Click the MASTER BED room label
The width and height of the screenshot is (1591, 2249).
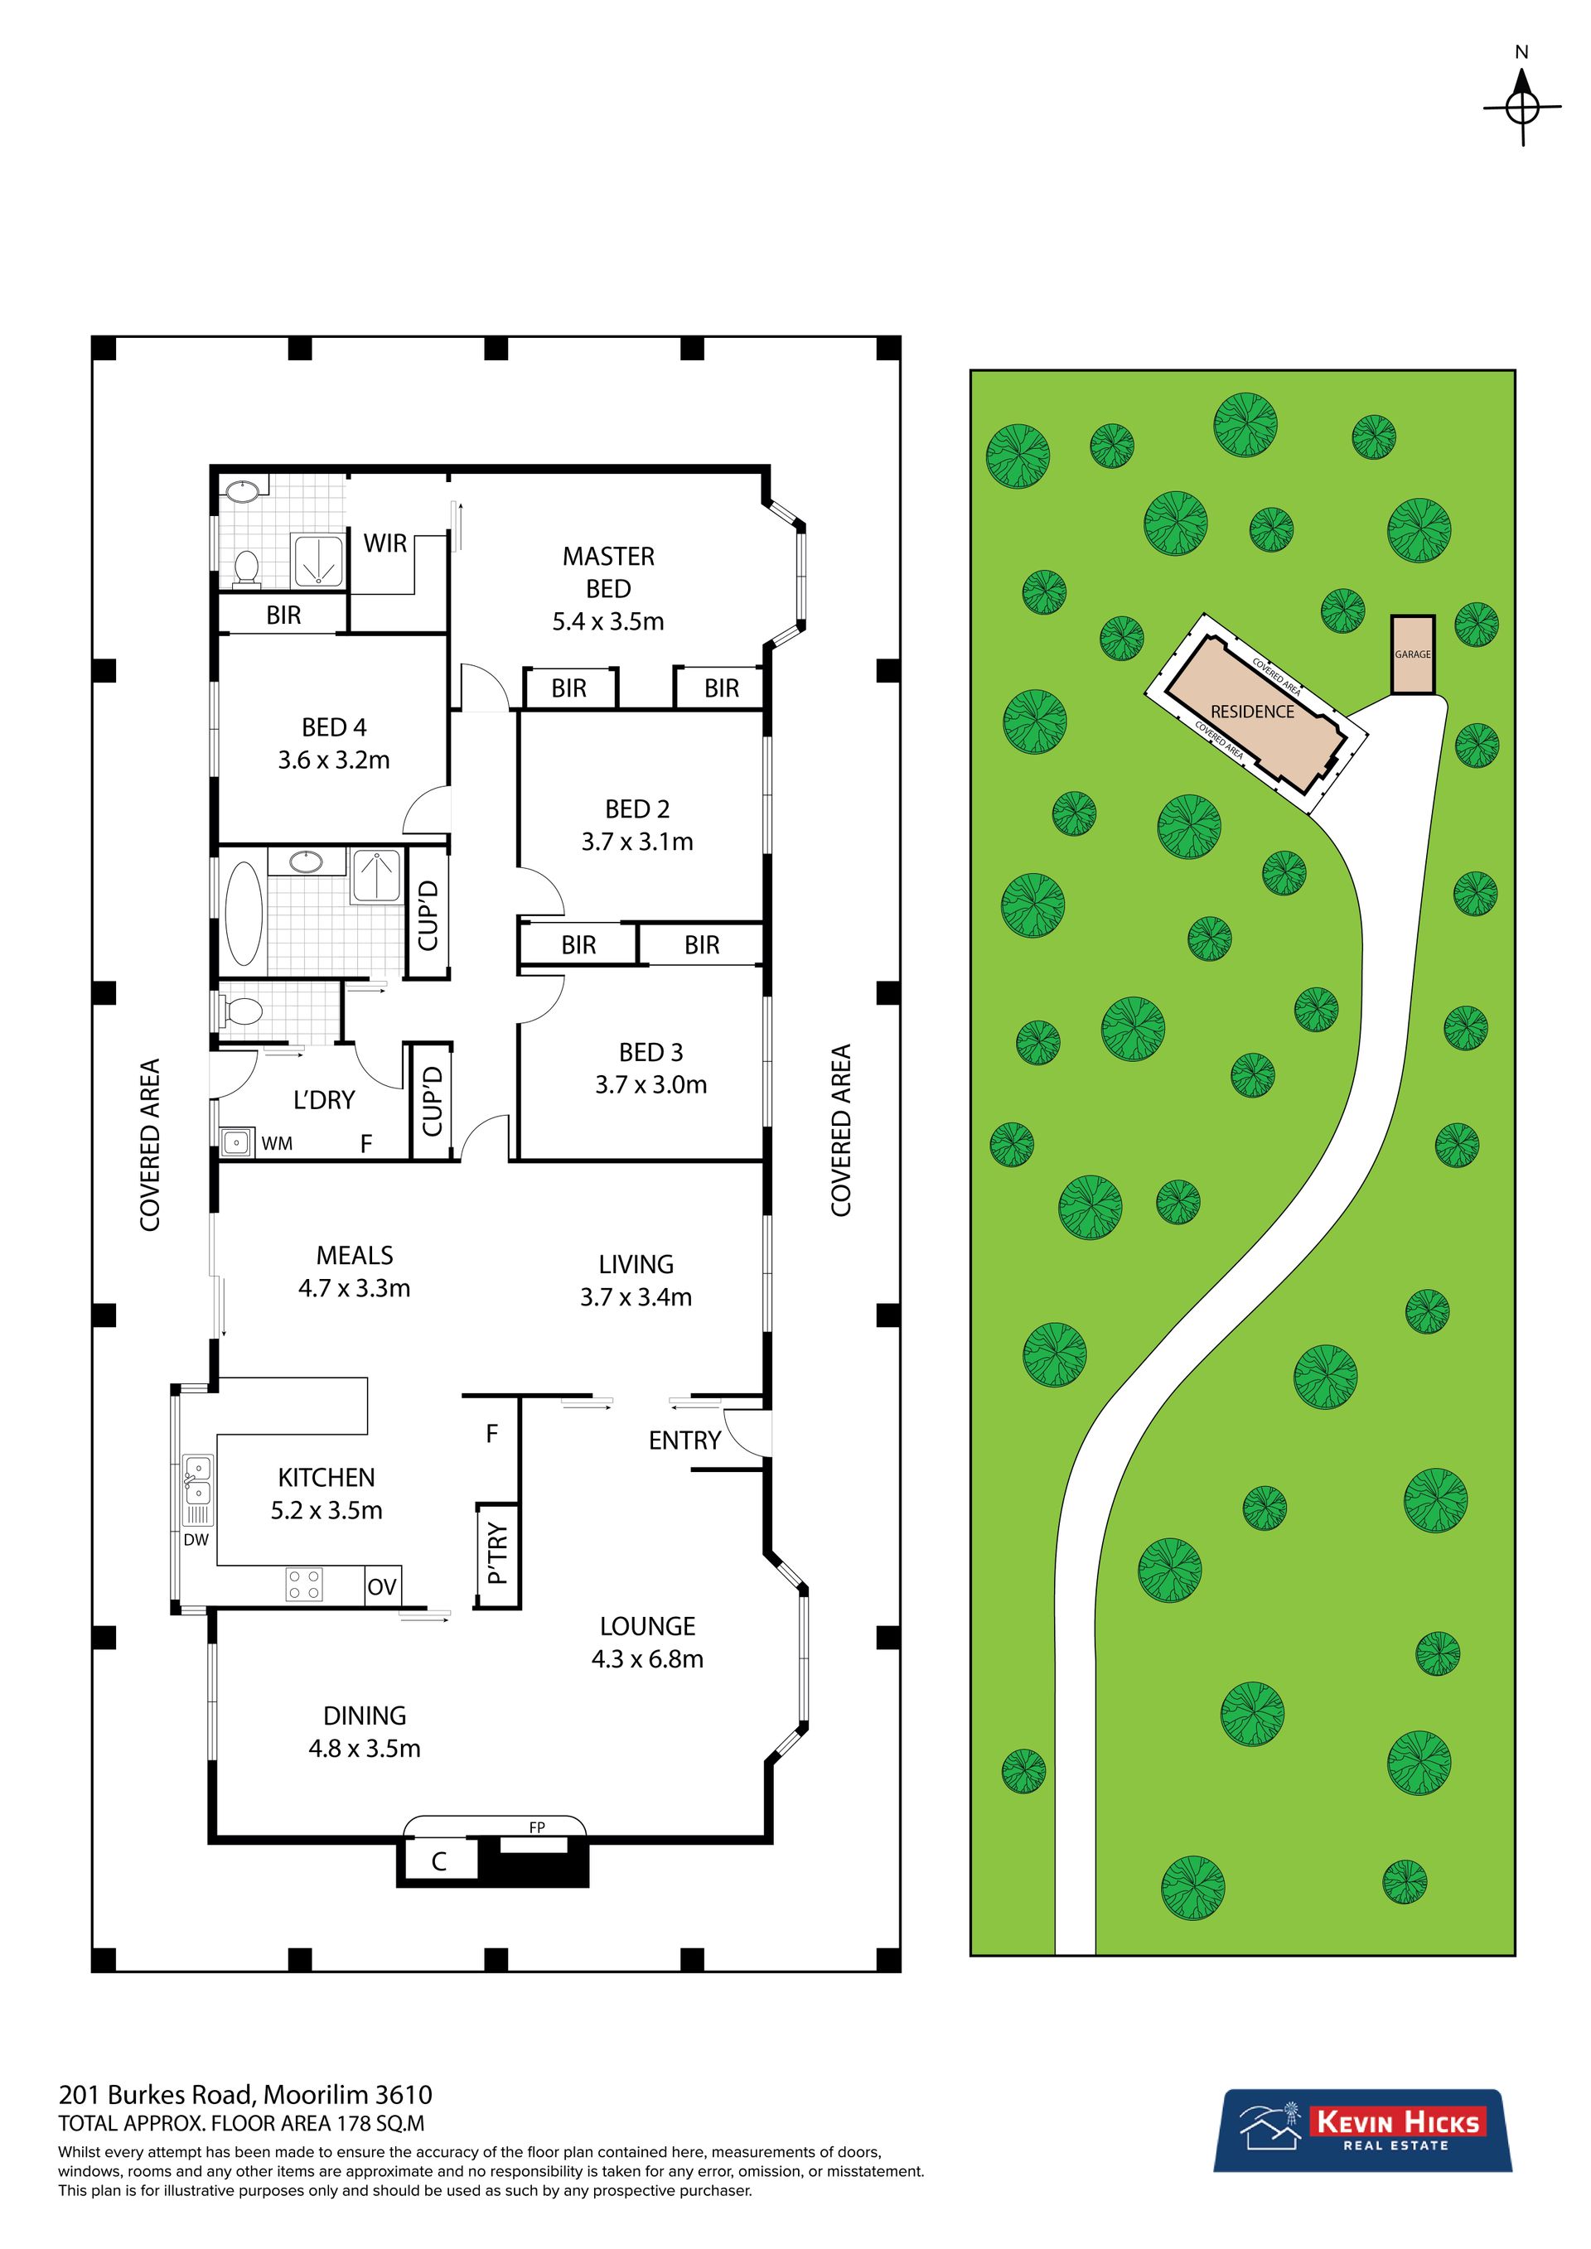(608, 572)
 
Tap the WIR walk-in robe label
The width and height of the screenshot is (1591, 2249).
(385, 543)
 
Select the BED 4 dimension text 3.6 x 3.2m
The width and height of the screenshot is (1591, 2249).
(334, 760)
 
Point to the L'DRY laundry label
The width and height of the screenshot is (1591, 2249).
(324, 1100)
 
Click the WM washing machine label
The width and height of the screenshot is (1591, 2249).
(278, 1143)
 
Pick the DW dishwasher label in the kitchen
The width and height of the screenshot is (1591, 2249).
(196, 1539)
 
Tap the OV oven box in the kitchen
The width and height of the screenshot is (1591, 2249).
(382, 1585)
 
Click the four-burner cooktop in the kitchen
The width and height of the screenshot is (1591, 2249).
(304, 1585)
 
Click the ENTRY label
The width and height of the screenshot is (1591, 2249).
(684, 1440)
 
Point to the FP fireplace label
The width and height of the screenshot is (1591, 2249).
(537, 1827)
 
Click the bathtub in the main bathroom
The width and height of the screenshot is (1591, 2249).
(244, 914)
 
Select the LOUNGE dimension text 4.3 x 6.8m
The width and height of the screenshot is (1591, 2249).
(647, 1659)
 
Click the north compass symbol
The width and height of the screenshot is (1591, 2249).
(1521, 108)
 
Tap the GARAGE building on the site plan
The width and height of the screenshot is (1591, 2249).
(1413, 654)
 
